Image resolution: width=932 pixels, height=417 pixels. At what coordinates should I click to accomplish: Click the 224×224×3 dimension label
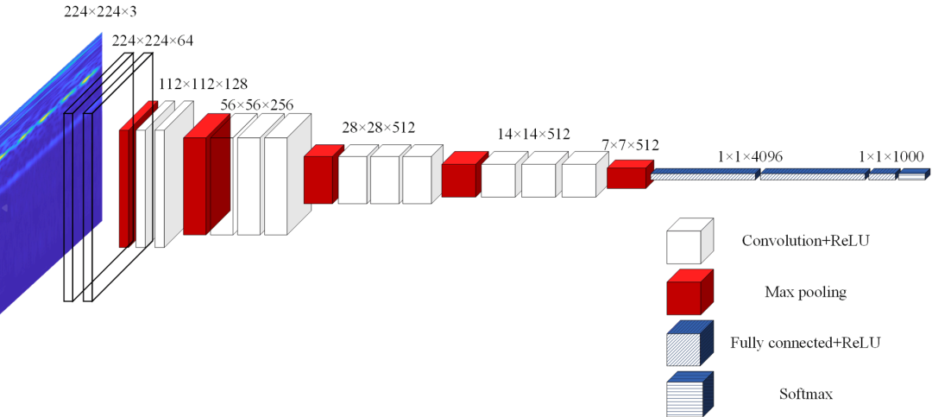click(x=100, y=11)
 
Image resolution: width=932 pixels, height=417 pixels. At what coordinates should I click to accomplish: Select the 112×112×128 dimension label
click(x=203, y=84)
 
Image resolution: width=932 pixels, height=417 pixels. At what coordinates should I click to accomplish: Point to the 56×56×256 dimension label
click(x=257, y=104)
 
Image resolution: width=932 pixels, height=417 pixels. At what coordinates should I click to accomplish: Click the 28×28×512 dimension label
click(x=378, y=127)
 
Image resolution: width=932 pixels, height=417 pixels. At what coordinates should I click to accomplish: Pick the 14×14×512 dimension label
click(x=533, y=134)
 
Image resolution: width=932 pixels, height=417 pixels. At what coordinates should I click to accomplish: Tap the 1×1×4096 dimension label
click(x=750, y=156)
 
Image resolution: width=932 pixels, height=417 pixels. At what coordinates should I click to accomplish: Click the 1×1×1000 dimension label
click(x=891, y=156)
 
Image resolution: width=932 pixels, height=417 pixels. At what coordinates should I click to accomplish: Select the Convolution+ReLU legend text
click(x=805, y=240)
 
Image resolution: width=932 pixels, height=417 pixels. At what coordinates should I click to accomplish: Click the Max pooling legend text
click(x=805, y=292)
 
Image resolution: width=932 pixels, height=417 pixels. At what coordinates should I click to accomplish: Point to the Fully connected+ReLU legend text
click(x=805, y=343)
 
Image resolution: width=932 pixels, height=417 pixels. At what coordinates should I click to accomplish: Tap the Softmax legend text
click(x=805, y=395)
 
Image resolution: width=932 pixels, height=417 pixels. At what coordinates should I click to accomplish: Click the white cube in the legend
click(x=689, y=241)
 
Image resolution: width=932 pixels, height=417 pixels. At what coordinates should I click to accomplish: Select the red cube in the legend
click(x=689, y=292)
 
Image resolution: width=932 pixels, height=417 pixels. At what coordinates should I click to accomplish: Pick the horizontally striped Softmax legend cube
click(x=689, y=394)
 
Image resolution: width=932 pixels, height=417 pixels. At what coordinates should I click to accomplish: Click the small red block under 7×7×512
click(x=628, y=176)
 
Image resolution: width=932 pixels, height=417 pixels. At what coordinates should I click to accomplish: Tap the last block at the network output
click(x=912, y=175)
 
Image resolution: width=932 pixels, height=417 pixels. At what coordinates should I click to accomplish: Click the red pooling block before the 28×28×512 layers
click(x=319, y=177)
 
